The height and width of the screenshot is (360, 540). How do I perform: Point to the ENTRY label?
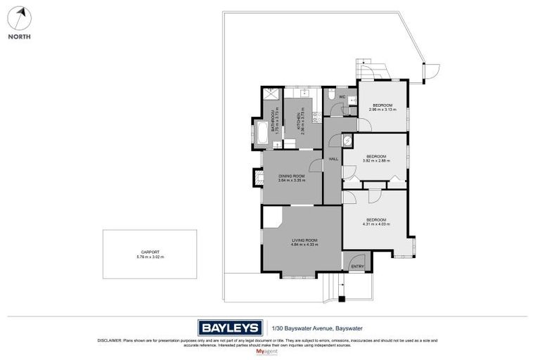[x=358, y=266]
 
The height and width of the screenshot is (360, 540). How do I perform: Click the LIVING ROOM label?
[x=305, y=241]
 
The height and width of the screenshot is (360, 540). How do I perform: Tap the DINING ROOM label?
[x=291, y=176]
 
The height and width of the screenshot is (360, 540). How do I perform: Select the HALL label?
[x=333, y=159]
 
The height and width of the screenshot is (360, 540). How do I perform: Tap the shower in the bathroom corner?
[x=269, y=94]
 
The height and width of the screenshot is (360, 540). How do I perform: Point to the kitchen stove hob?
[x=316, y=118]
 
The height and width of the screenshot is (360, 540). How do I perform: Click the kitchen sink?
[x=304, y=92]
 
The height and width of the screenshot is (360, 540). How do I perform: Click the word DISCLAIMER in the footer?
[x=111, y=340]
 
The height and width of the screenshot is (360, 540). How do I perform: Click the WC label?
[x=342, y=96]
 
